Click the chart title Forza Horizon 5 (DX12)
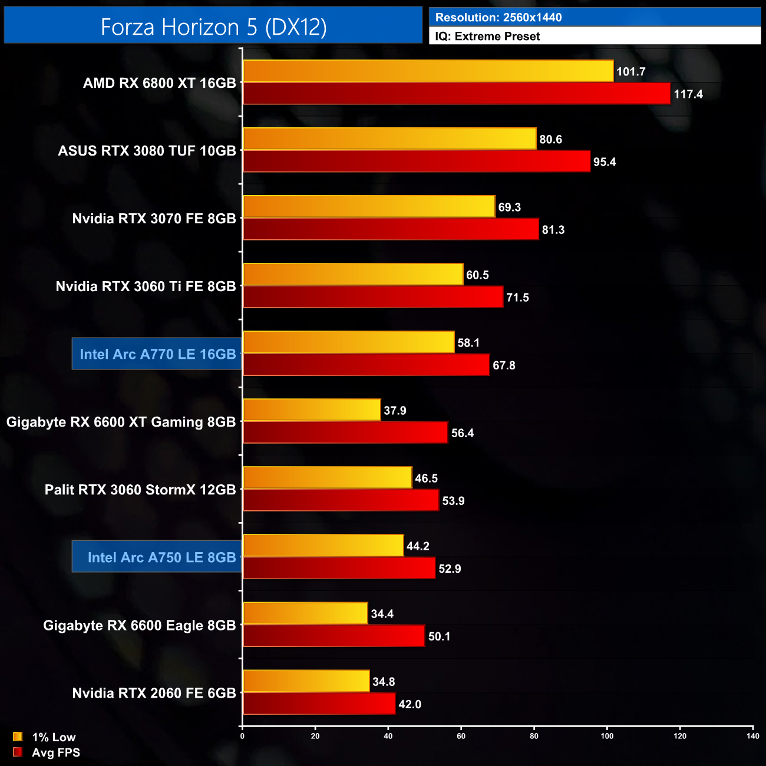click(x=213, y=27)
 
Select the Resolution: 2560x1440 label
click(x=498, y=17)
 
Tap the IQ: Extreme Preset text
click(x=487, y=36)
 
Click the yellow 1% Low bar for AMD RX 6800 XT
click(x=428, y=71)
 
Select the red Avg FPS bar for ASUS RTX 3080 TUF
click(x=417, y=161)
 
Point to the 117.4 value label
click(x=688, y=94)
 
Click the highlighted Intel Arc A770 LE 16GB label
click(x=157, y=354)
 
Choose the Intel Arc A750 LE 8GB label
click(x=161, y=557)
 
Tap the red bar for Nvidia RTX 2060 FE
click(x=319, y=704)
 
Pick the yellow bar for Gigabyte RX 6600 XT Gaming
click(x=312, y=410)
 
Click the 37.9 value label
click(x=395, y=411)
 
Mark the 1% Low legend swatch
click(x=18, y=737)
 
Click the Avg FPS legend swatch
click(x=18, y=752)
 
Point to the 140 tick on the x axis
click(x=752, y=736)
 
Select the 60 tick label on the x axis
click(x=461, y=736)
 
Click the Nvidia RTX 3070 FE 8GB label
click(x=154, y=219)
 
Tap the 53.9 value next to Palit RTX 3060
click(x=453, y=501)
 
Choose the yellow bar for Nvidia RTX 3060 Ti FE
click(x=353, y=275)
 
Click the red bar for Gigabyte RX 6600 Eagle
click(x=334, y=636)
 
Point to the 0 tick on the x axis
click(x=242, y=736)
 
